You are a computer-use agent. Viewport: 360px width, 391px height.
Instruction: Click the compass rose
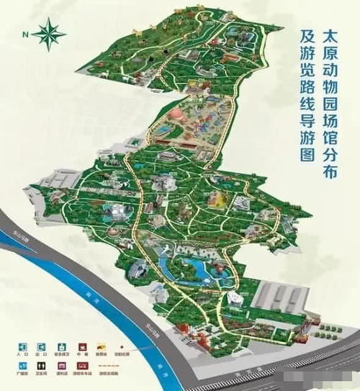point(48,32)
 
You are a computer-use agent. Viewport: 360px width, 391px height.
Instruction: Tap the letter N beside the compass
point(25,34)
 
